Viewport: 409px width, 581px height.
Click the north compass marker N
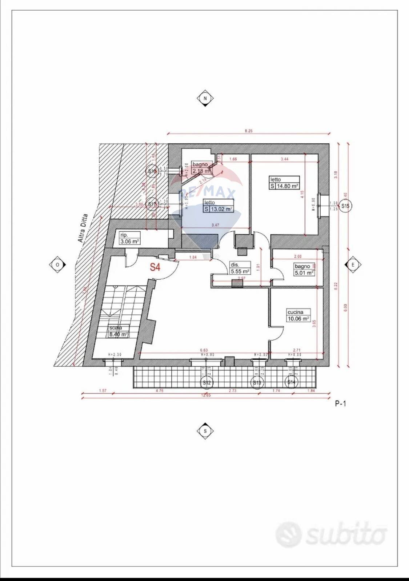205,99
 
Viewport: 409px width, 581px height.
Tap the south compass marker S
205,431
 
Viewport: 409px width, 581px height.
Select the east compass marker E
352,265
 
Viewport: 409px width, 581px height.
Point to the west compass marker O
57,265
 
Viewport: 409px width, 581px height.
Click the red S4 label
155,267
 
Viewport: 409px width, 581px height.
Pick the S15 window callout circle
345,206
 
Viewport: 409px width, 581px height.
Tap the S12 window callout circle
206,382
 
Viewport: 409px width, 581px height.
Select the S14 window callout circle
291,382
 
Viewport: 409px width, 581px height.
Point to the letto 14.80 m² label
284,183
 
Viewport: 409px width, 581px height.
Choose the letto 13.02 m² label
218,206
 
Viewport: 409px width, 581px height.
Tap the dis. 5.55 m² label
240,268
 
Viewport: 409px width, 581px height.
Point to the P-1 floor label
340,403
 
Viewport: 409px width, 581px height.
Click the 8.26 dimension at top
248,131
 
